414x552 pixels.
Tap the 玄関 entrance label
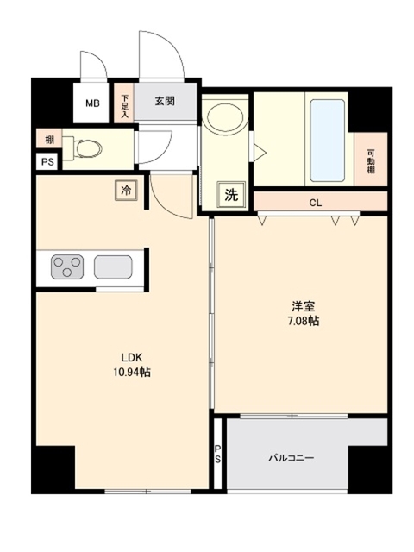point(166,101)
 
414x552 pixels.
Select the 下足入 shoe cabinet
point(125,104)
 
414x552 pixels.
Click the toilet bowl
point(86,149)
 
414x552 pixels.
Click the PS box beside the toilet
point(45,161)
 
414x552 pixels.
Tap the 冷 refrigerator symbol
point(127,190)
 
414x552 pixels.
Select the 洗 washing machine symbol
point(231,195)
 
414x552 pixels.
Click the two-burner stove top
point(66,267)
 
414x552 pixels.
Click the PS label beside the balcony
point(218,454)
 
